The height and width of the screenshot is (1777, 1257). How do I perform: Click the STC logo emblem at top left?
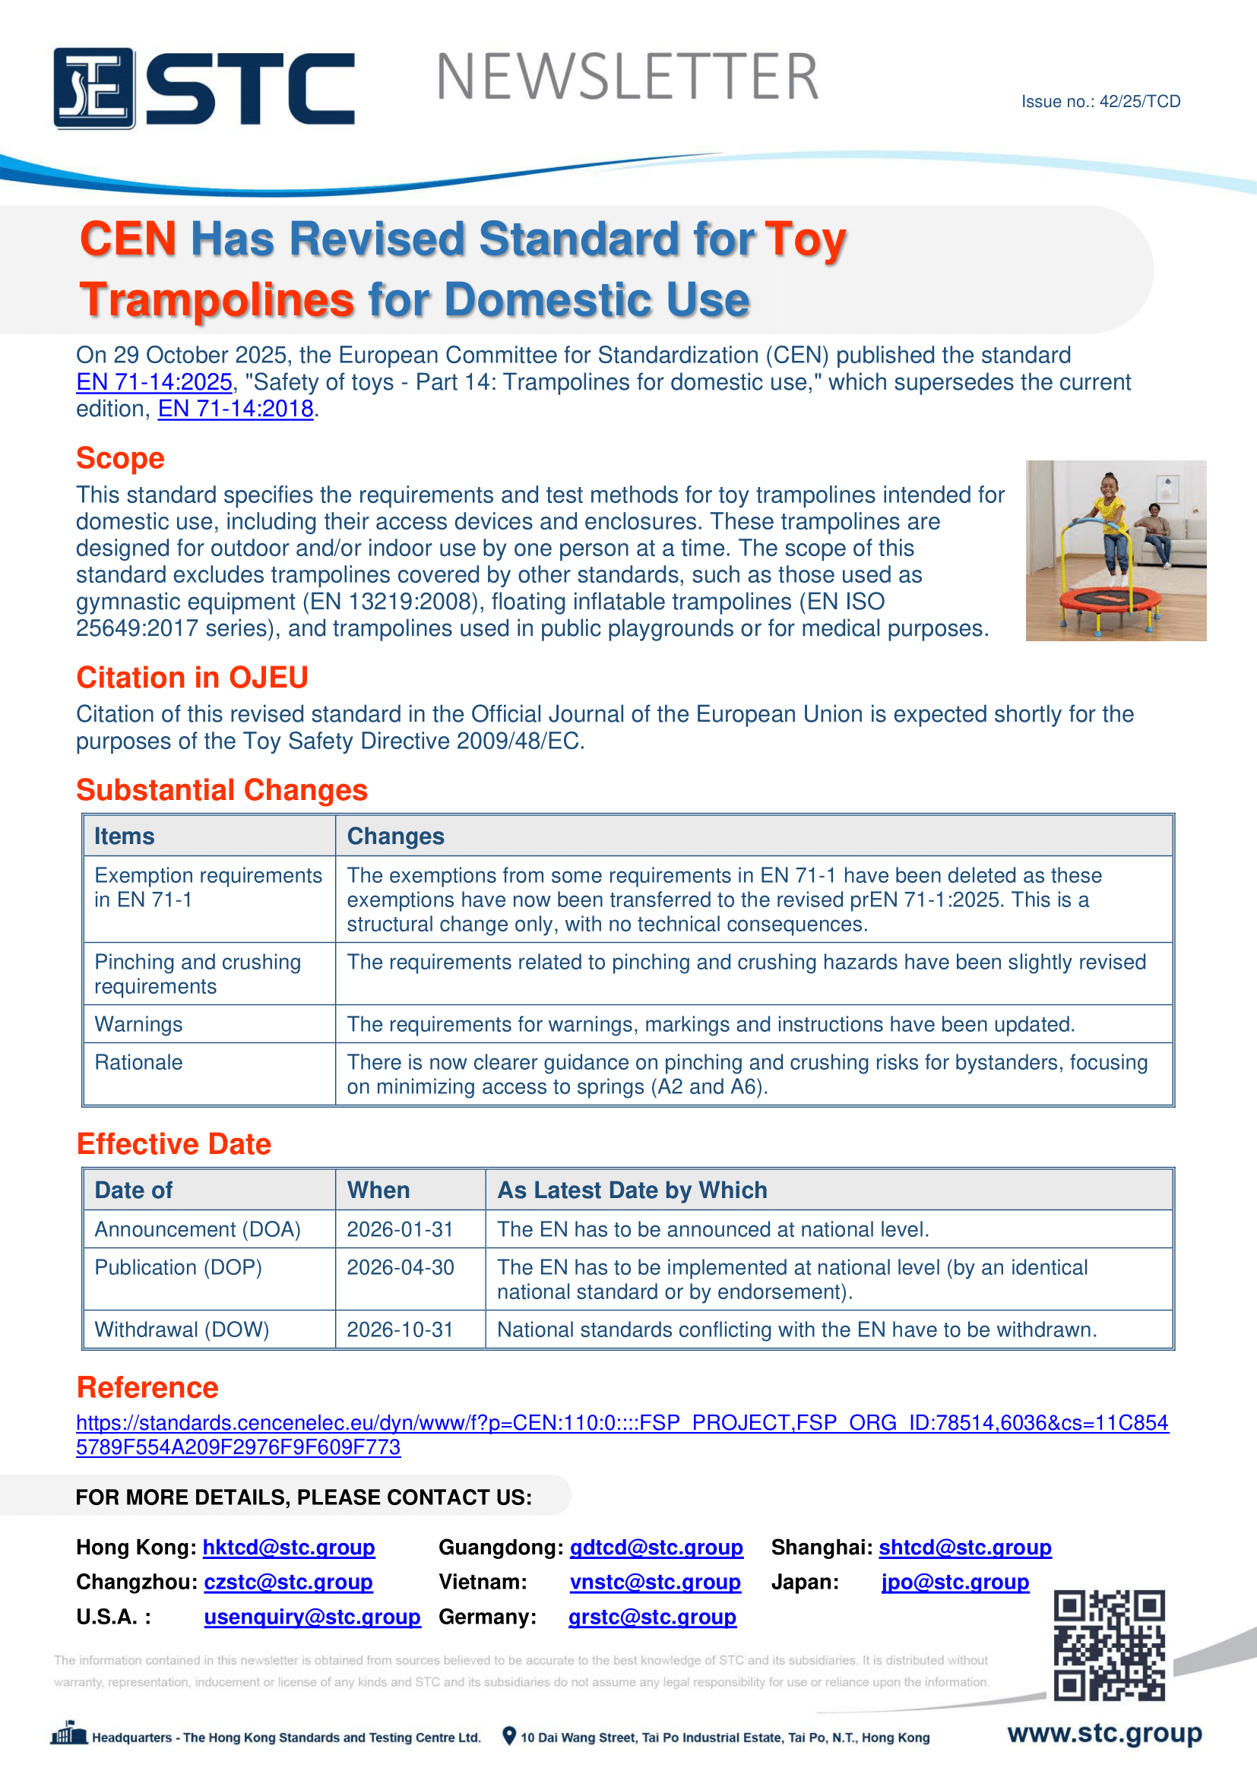click(93, 87)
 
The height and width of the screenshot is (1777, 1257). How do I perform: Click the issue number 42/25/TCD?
click(1100, 101)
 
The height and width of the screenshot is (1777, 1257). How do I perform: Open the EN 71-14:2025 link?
click(154, 382)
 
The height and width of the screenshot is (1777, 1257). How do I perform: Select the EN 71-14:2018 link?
click(236, 409)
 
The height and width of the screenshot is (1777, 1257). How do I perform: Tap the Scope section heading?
click(120, 458)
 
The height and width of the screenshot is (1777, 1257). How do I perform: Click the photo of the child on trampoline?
click(1116, 550)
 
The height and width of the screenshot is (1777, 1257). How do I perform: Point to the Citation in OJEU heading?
click(192, 677)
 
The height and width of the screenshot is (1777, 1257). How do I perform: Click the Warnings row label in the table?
click(138, 1024)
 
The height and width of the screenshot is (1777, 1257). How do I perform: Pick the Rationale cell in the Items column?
click(138, 1062)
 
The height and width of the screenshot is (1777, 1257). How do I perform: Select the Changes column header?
click(395, 836)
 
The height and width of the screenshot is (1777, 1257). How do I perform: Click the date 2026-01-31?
click(400, 1229)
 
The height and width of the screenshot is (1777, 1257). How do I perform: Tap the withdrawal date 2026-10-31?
click(400, 1330)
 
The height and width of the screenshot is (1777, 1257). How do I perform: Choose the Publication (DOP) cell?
click(178, 1267)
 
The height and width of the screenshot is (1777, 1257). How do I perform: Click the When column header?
click(378, 1190)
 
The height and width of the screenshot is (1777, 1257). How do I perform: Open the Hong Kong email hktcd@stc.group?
click(289, 1547)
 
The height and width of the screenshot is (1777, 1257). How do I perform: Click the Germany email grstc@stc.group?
click(652, 1617)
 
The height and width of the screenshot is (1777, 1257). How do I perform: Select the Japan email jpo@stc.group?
click(955, 1582)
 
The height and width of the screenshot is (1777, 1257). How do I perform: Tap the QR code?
click(1108, 1645)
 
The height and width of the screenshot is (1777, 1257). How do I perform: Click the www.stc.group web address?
click(1103, 1734)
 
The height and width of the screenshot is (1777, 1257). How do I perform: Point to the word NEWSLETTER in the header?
click(627, 77)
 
